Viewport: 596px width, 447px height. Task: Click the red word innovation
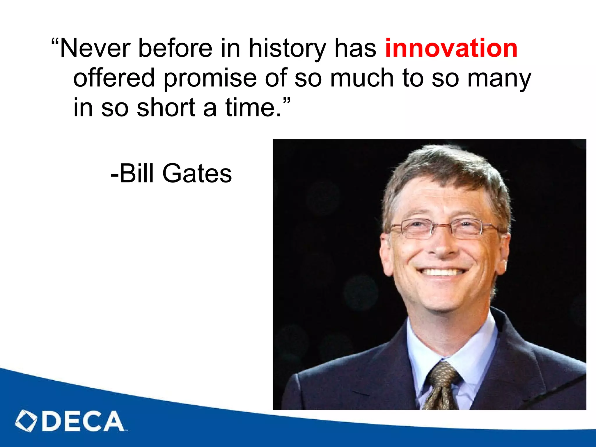pyautogui.click(x=451, y=48)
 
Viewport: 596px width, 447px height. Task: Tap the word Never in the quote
pyautogui.click(x=95, y=48)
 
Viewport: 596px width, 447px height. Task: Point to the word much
pyautogui.click(x=362, y=78)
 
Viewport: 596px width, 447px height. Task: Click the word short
pyautogui.click(x=166, y=108)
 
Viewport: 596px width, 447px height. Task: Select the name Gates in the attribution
pyautogui.click(x=197, y=173)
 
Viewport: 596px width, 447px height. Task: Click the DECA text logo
pyautogui.click(x=83, y=421)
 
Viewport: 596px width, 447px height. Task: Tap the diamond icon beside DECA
pyautogui.click(x=26, y=421)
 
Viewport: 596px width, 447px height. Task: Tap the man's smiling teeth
pyautogui.click(x=441, y=272)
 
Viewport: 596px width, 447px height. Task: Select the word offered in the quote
pyautogui.click(x=114, y=78)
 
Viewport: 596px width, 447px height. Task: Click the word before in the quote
pyautogui.click(x=175, y=48)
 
